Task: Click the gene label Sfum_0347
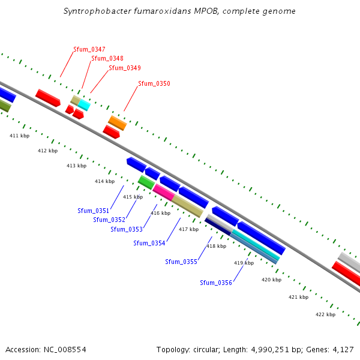89,49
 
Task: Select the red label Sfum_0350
154,83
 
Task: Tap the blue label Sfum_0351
94,211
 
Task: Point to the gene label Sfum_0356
216,283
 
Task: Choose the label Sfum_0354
149,243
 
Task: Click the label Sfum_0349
125,68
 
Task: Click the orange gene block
117,122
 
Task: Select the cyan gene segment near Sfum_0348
84,106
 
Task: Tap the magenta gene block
163,192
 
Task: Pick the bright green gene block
146,182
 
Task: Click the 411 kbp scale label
19,136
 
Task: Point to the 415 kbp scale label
133,197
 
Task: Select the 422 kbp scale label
326,314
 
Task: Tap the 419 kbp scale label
244,263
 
